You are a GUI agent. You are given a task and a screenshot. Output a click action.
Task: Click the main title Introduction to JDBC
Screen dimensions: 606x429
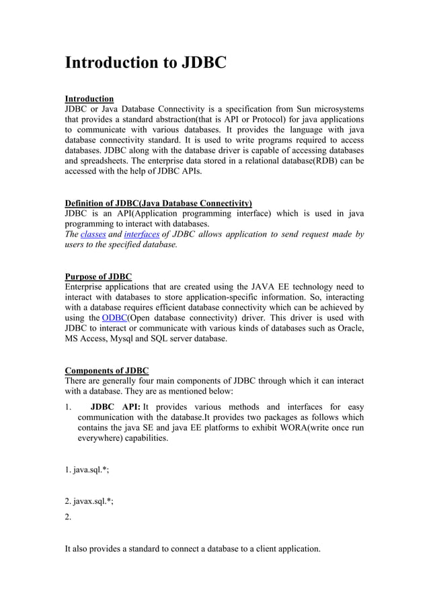point(145,63)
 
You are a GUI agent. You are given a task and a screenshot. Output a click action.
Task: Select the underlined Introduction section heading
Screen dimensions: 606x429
point(89,99)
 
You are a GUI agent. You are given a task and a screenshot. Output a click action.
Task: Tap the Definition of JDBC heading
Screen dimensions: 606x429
point(158,203)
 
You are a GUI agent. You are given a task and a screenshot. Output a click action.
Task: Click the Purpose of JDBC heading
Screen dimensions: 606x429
point(98,277)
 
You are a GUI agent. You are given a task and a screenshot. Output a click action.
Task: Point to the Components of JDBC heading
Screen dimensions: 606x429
point(106,371)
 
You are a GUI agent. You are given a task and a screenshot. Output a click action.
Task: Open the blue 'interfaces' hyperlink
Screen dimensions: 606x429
point(141,234)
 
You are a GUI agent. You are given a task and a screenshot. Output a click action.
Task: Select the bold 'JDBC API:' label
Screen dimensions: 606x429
point(115,406)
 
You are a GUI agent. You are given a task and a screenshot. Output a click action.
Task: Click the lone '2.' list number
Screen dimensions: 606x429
point(68,517)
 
